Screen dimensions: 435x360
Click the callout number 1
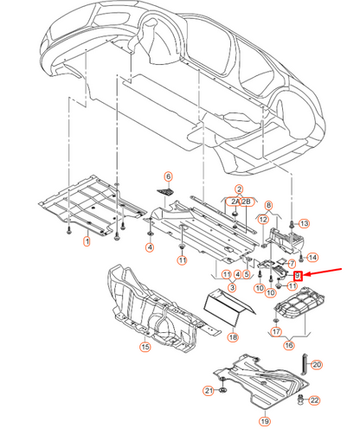click(86, 241)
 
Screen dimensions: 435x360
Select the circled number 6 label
click(169, 176)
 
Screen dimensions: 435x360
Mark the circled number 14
click(312, 257)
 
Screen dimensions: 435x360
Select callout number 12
click(261, 221)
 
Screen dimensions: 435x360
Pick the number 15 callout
click(145, 347)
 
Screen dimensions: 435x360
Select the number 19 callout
click(264, 421)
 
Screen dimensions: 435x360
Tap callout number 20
click(316, 365)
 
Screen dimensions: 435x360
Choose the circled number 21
click(209, 390)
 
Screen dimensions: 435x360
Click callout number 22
click(313, 400)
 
